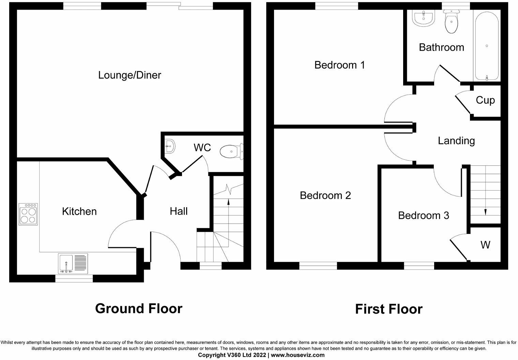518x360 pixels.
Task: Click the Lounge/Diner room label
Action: [x=129, y=75]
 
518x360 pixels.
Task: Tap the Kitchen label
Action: [x=79, y=211]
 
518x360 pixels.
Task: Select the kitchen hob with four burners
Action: [x=28, y=214]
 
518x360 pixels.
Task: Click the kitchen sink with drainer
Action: [x=73, y=264]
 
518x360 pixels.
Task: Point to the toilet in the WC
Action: [x=231, y=152]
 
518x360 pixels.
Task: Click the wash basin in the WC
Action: [x=170, y=146]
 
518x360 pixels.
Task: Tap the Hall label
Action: [x=179, y=211]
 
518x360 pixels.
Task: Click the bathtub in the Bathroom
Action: [x=487, y=46]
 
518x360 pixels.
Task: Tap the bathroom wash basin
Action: [x=424, y=18]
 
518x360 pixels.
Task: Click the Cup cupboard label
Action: [x=485, y=101]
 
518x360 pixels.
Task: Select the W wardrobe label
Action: [x=485, y=245]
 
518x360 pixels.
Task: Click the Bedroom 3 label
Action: [x=423, y=216]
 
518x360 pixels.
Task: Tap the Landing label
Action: [x=456, y=141]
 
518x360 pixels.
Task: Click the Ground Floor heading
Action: [x=139, y=309]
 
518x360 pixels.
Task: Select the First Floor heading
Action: [x=389, y=309]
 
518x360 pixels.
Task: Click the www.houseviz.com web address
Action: [x=298, y=355]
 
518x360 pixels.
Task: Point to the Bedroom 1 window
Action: [x=337, y=6]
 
